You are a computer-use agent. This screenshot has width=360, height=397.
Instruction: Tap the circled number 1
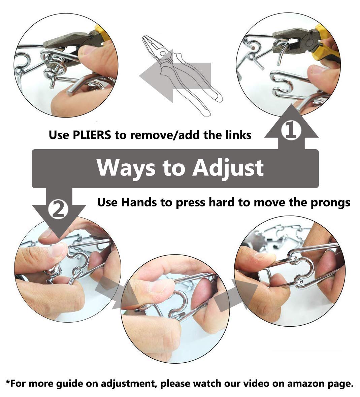click(x=291, y=131)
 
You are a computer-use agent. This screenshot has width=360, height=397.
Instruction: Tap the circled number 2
click(x=58, y=210)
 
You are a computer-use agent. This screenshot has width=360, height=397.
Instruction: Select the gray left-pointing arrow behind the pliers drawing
click(x=175, y=75)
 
